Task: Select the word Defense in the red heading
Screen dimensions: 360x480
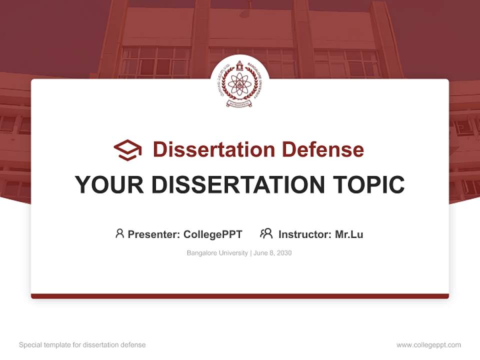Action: click(322, 149)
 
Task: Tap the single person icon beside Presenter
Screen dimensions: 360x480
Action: click(119, 233)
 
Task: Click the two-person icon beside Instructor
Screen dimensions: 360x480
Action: click(266, 233)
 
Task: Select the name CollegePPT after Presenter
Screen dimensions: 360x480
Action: click(213, 234)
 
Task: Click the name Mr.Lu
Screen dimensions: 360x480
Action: click(349, 234)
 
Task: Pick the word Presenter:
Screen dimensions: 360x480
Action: click(154, 234)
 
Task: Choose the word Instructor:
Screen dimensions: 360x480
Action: click(305, 234)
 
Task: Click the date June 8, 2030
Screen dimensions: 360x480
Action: click(272, 253)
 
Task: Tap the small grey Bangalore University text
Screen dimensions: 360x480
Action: click(217, 253)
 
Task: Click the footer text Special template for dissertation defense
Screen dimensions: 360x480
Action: click(82, 345)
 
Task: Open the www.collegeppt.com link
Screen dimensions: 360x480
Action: click(428, 345)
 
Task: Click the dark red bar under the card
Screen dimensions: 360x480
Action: click(240, 296)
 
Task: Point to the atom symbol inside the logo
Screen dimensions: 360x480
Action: click(240, 83)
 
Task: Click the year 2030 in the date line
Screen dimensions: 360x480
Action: click(284, 253)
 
